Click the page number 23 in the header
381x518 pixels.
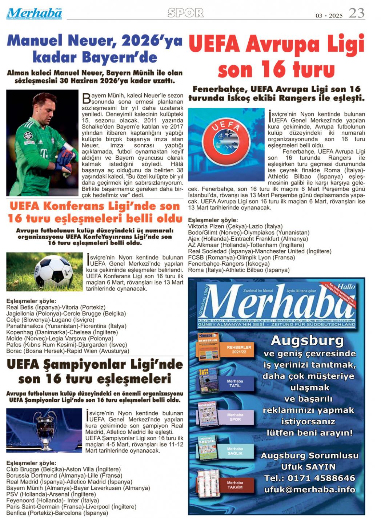point(356,13)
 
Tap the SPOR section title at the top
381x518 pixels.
point(185,13)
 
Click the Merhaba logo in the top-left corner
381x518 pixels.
point(34,13)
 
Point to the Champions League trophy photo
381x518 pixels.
point(44,430)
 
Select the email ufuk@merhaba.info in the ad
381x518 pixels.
point(309,490)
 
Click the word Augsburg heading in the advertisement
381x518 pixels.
point(307,341)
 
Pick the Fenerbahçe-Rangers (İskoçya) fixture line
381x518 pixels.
point(229,264)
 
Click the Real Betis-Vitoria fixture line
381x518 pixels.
point(56,307)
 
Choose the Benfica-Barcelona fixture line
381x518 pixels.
point(57,513)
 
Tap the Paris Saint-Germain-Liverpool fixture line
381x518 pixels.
point(71,507)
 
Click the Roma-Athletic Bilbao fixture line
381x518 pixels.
point(239,270)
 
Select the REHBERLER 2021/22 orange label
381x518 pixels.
point(239,349)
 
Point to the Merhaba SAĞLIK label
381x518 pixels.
point(235,451)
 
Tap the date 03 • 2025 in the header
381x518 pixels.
point(329,16)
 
